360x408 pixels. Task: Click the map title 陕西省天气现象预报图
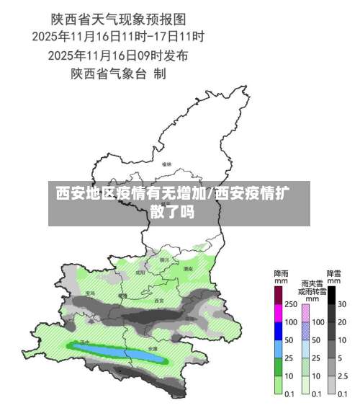118,17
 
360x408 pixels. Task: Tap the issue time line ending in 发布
118,54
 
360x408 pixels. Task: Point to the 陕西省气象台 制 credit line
118,73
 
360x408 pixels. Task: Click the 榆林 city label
167,164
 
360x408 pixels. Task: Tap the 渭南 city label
188,268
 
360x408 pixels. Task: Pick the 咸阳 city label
140,273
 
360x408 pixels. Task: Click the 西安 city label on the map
159,300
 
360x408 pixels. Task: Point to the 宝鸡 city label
90,293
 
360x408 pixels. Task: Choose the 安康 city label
153,348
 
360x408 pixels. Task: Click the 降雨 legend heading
281,275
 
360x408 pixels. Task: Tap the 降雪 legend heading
334,275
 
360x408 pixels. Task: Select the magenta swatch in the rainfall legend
279,313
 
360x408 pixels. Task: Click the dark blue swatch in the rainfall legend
279,331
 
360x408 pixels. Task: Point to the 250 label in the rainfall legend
291,304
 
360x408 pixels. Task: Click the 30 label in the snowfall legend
343,304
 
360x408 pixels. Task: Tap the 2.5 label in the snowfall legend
343,376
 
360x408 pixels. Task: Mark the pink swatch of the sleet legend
305,313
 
